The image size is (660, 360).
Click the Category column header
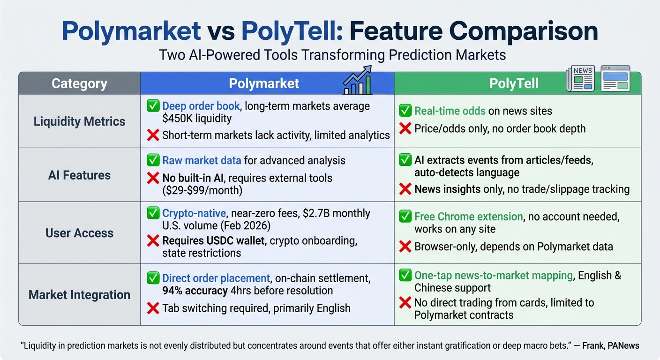79,83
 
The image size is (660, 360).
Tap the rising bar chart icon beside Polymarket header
358,81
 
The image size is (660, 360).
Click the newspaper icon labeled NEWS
580,78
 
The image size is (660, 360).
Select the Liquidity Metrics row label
79,121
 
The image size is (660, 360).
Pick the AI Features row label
79,175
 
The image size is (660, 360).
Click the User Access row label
79,233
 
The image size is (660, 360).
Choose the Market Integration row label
79,295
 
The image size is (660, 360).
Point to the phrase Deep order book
201,106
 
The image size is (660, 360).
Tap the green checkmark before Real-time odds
405,111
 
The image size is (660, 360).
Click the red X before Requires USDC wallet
153,241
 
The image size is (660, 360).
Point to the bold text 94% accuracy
195,290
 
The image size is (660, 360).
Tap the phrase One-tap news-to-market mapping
494,275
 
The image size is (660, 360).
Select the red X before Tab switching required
153,308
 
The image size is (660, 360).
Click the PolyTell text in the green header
514,83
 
